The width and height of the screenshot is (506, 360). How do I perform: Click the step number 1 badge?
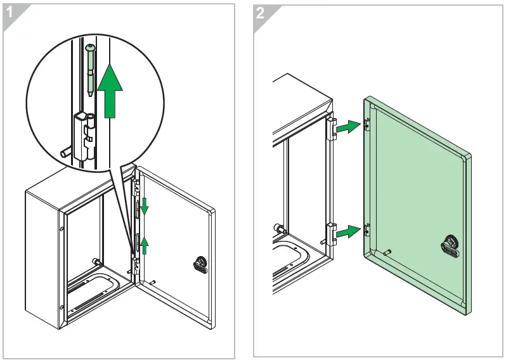[11, 12]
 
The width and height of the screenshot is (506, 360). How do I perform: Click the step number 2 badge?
[261, 12]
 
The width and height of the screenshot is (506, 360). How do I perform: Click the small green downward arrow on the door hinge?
[144, 205]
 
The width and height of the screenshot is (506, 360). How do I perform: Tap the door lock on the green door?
[450, 247]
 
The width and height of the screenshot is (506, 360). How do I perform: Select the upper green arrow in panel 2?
[346, 127]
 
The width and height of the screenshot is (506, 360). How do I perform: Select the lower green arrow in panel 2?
[346, 233]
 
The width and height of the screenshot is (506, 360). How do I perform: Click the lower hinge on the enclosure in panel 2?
[330, 234]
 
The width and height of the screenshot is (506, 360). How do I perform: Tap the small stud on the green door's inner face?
[386, 252]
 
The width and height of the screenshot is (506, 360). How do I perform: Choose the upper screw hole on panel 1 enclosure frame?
[62, 229]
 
